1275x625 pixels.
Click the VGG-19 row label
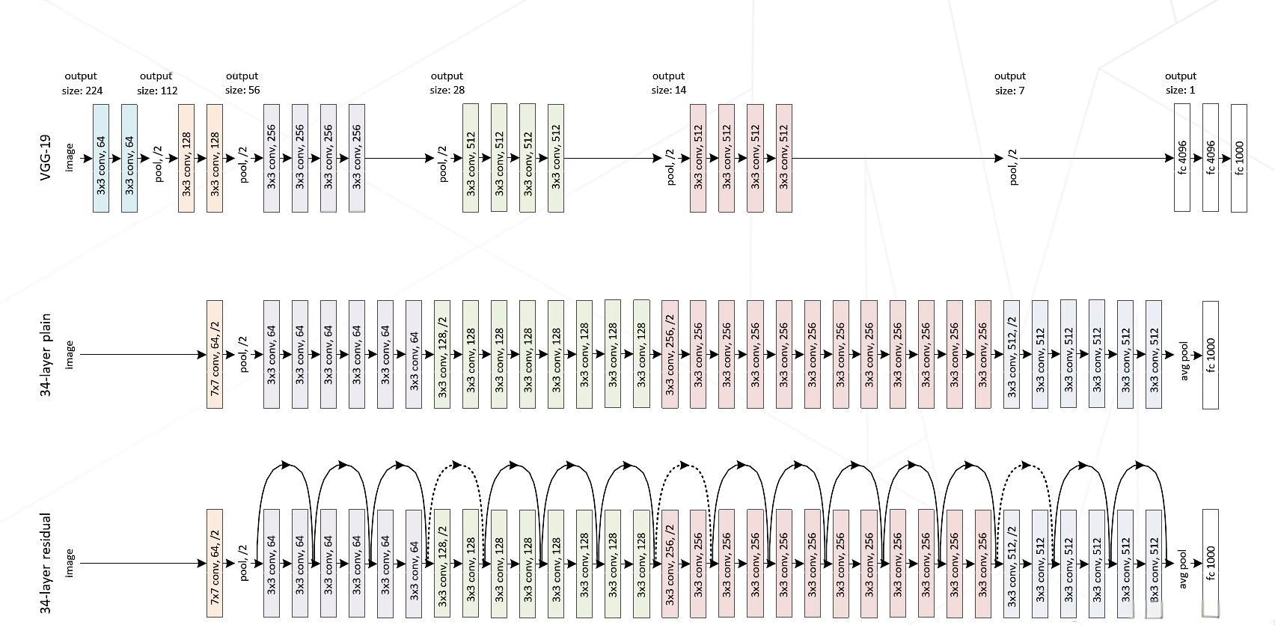pos(46,158)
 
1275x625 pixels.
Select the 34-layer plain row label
pos(46,355)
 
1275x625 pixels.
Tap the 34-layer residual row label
pos(46,564)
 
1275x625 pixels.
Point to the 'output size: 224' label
pos(82,83)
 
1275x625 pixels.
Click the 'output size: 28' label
pos(447,83)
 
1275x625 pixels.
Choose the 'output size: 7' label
pos(1009,83)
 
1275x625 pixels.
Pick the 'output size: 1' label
pos(1180,83)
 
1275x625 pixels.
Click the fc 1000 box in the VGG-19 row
pos(1238,158)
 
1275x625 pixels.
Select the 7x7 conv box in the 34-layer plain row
pos(215,355)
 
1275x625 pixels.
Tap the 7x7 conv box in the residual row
pos(215,564)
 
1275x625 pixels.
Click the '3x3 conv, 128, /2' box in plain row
pos(442,355)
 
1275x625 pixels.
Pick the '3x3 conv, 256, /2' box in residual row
pos(670,564)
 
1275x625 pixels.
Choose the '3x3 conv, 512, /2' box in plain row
pos(1011,355)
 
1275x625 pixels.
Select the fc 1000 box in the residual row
pos(1210,564)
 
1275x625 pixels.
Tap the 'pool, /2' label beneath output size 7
pos(1013,166)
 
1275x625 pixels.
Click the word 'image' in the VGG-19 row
pos(70,158)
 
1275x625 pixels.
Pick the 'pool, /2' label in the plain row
pos(243,355)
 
